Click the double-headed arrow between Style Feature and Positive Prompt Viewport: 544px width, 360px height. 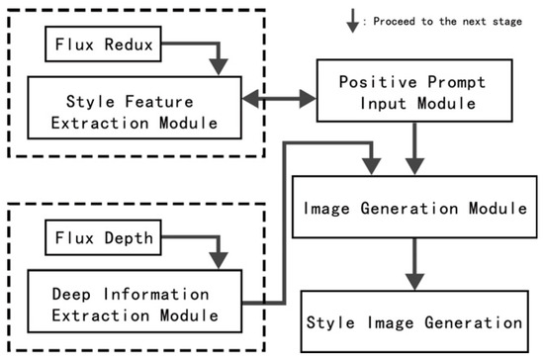click(x=279, y=98)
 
